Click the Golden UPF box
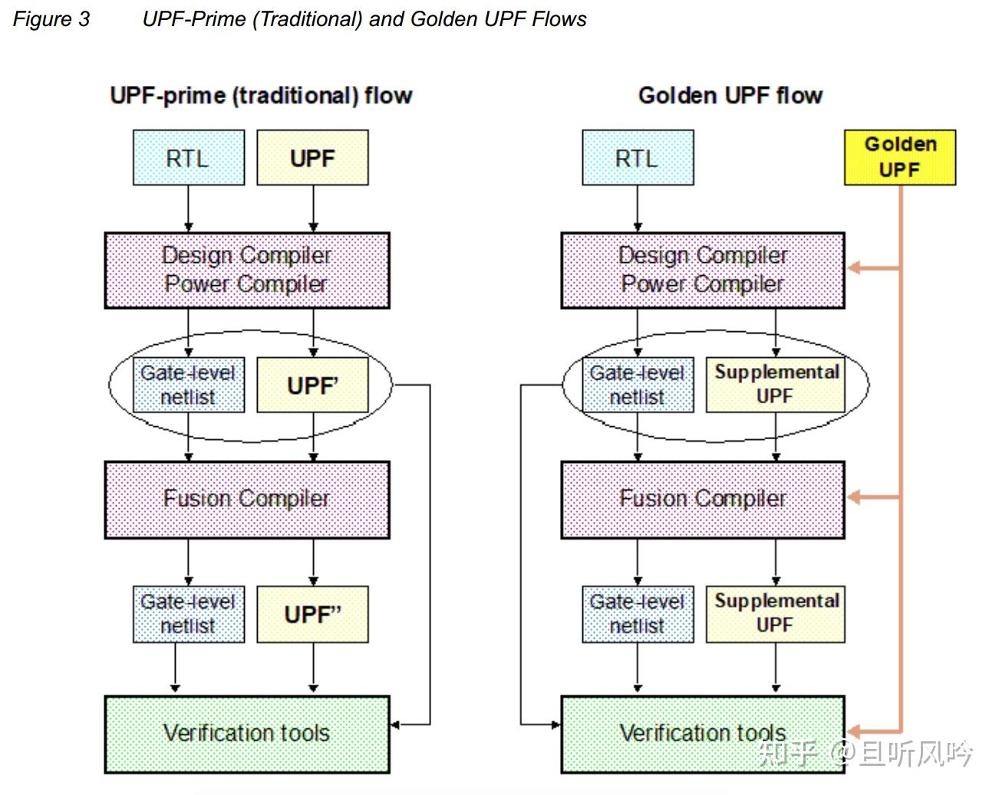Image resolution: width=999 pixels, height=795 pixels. [x=899, y=157]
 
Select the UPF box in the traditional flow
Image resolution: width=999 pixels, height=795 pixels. [x=312, y=158]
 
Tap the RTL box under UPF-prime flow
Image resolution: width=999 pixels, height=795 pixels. [x=189, y=158]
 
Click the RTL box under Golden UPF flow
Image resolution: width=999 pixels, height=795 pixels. [x=638, y=158]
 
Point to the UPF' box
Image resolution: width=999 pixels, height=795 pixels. [x=312, y=385]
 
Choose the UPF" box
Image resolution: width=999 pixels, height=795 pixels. [x=312, y=614]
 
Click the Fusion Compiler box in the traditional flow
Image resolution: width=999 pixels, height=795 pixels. [x=247, y=499]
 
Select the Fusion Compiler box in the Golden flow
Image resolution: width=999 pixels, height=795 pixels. [x=702, y=499]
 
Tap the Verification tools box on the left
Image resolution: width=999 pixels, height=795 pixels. [x=247, y=734]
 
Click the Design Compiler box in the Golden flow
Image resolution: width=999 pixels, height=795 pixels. [x=702, y=270]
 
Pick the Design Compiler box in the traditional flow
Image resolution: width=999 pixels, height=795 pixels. [x=247, y=270]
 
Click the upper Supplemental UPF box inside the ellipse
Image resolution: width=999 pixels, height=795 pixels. [x=775, y=385]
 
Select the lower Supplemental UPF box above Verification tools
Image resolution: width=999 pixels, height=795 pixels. [x=775, y=614]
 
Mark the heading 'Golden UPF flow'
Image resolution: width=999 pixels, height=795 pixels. [x=730, y=96]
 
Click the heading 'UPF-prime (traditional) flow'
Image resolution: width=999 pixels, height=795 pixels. [x=261, y=96]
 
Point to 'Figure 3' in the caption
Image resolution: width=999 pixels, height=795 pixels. [x=51, y=19]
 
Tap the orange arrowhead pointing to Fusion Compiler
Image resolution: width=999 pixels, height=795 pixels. [x=854, y=498]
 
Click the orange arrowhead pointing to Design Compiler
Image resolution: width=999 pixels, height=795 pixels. [x=854, y=268]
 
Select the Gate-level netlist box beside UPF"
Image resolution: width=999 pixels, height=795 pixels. [x=189, y=614]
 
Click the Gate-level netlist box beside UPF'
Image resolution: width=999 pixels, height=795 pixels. [x=189, y=385]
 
